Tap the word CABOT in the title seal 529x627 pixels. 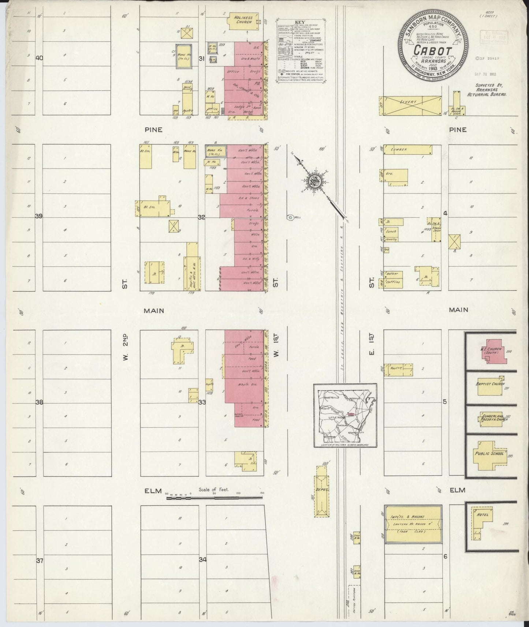pos(433,51)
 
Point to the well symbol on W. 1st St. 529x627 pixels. pos(290,217)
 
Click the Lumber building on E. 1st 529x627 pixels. pos(407,150)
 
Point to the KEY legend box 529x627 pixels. pos(302,52)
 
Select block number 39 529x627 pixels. pos(39,216)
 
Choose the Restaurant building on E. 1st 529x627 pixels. pos(398,369)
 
